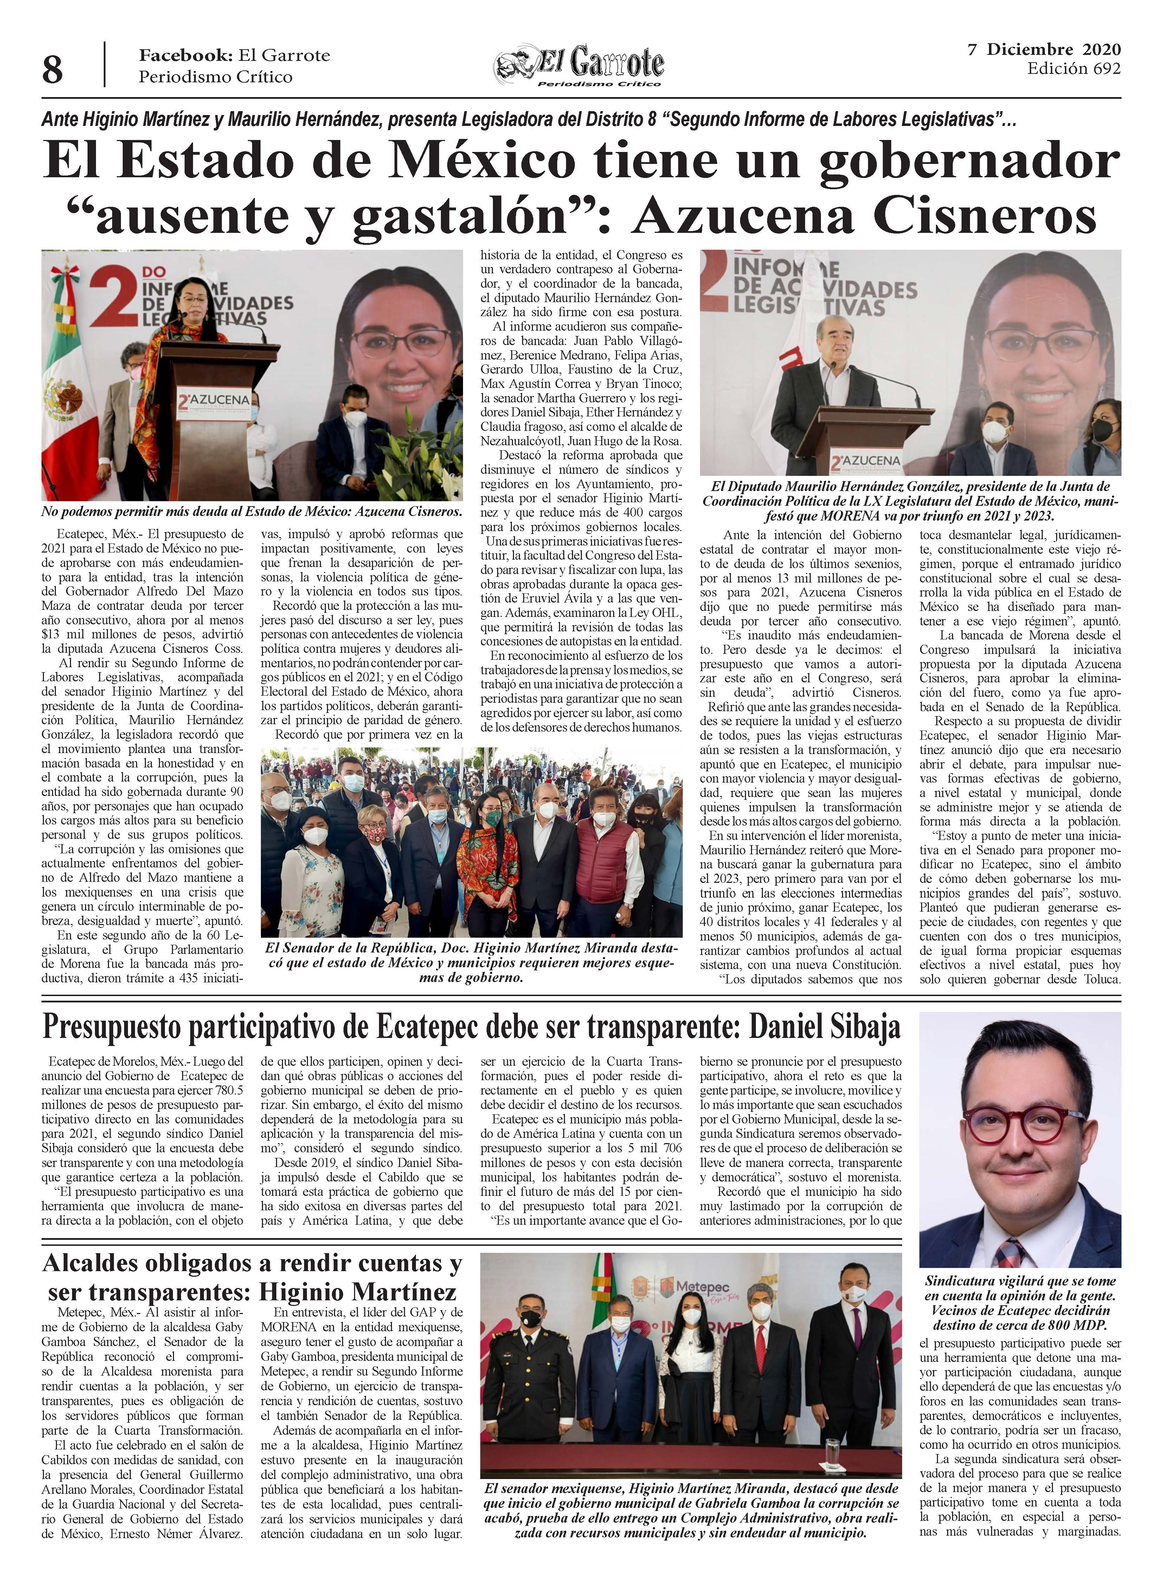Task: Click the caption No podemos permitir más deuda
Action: [x=251, y=512]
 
